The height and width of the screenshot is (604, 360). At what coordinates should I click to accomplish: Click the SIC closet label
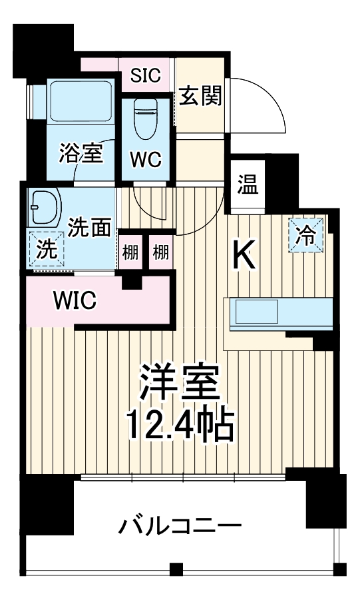[145, 75]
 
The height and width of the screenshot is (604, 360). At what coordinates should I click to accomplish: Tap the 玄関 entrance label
[200, 97]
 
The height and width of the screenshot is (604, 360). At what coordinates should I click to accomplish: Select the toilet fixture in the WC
[144, 117]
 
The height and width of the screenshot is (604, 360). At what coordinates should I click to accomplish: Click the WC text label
[144, 160]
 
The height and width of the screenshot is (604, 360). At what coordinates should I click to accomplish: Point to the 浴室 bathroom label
[81, 152]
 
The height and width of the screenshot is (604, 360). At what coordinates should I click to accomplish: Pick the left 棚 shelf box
[130, 252]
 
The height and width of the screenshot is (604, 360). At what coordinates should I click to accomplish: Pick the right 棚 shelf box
[160, 252]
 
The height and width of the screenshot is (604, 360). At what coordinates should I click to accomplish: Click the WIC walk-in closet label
[75, 300]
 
